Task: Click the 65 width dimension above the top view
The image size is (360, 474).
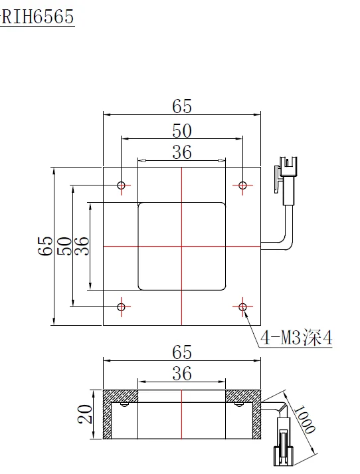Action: pyautogui.click(x=182, y=106)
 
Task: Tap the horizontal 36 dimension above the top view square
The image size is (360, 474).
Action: pyautogui.click(x=181, y=152)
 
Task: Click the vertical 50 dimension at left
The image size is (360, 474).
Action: pyautogui.click(x=63, y=246)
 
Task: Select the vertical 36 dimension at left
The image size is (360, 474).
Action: pyautogui.click(x=81, y=246)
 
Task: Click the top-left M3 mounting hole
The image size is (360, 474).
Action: pyautogui.click(x=121, y=185)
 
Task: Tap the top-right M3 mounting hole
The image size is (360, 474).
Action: pyautogui.click(x=242, y=185)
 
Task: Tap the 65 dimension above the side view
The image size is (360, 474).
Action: pyautogui.click(x=182, y=351)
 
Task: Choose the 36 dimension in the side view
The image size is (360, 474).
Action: pyautogui.click(x=181, y=374)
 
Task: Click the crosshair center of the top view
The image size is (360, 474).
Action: pyautogui.click(x=181, y=246)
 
